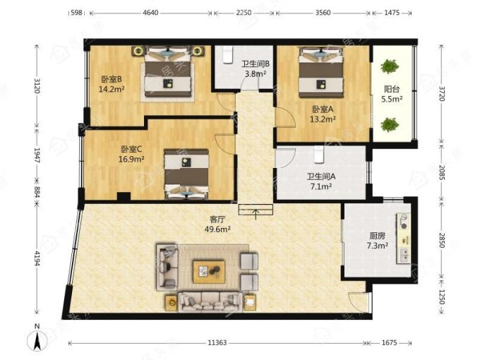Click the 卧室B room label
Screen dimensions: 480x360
coord(112,80)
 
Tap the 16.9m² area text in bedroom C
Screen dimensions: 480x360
coord(131,160)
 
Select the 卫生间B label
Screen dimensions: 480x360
coord(256,64)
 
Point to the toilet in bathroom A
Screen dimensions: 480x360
coord(319,154)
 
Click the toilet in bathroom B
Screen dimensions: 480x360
coord(227,54)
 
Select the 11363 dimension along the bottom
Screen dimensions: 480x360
coord(217,343)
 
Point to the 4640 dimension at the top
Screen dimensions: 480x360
coord(150,13)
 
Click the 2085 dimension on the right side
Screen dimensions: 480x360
coord(441,172)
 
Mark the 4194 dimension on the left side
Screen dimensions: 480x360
coord(37,258)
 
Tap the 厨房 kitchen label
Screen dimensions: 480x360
coord(377,236)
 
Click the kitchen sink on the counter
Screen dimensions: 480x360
coord(404,255)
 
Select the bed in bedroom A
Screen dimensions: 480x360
coord(320,72)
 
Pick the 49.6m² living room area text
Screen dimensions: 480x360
coord(217,229)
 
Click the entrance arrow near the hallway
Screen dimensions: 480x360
coord(256,215)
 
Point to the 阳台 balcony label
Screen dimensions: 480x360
coord(392,90)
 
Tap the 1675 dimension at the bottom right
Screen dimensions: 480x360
coord(390,343)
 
